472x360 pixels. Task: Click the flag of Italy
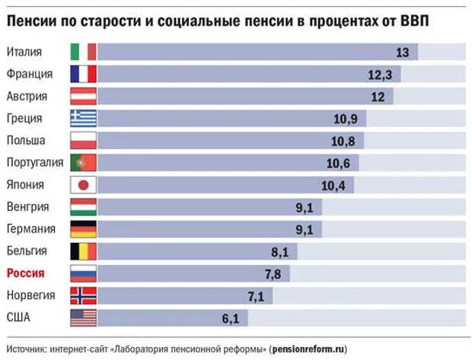coord(83,52)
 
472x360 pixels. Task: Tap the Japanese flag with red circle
coord(83,185)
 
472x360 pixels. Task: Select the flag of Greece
coord(83,118)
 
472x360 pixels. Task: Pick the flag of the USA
coord(83,317)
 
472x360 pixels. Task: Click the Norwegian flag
coord(83,295)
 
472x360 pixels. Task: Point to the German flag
coord(83,229)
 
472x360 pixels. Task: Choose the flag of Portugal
coord(83,163)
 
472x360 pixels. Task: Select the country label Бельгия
coord(27,251)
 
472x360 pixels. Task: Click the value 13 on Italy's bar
coord(403,53)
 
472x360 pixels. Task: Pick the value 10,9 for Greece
coord(346,119)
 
